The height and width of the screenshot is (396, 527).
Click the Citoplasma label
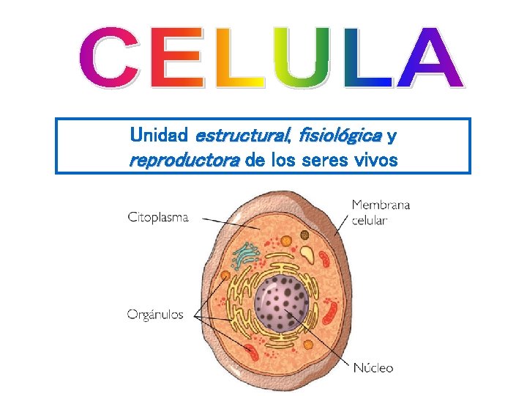[158, 217]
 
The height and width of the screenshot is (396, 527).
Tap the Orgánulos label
[158, 315]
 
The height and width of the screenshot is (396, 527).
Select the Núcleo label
[373, 368]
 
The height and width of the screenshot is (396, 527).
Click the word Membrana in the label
[381, 205]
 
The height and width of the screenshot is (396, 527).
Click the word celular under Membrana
[370, 219]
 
